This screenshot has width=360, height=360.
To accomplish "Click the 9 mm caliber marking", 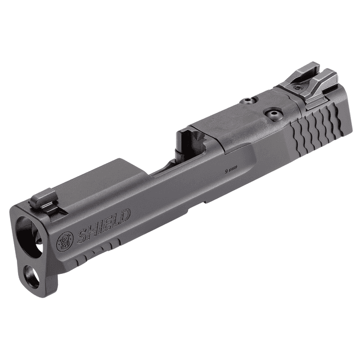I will [231, 169].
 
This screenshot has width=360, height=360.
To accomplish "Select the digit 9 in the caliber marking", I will [227, 169].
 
